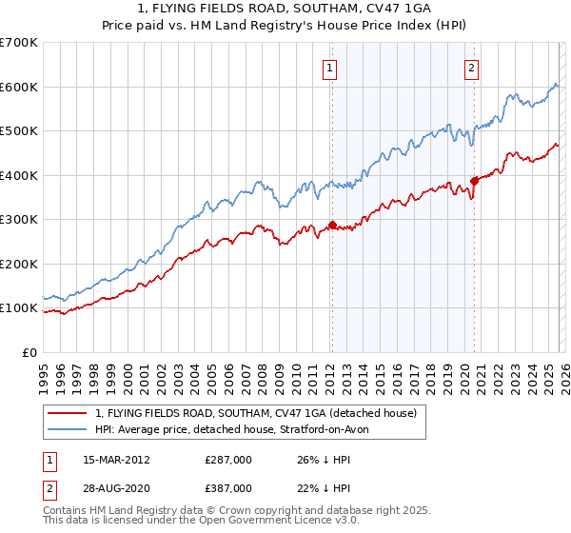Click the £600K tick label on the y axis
19,87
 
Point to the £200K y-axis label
19,264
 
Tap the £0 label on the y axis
29,352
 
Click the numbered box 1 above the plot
329,67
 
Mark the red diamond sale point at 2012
332,226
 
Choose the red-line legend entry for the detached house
255,414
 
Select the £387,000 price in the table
228,487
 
